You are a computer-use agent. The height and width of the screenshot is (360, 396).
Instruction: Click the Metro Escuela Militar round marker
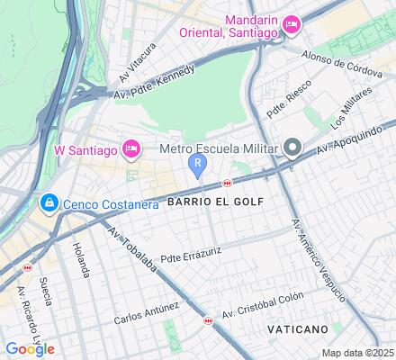click(292, 148)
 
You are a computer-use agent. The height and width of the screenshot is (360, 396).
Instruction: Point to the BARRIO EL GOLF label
click(215, 202)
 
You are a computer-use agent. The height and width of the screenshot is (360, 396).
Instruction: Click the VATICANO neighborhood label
click(298, 330)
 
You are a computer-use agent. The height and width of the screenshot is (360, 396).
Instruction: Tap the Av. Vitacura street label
click(142, 57)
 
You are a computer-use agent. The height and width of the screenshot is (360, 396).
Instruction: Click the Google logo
click(29, 349)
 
